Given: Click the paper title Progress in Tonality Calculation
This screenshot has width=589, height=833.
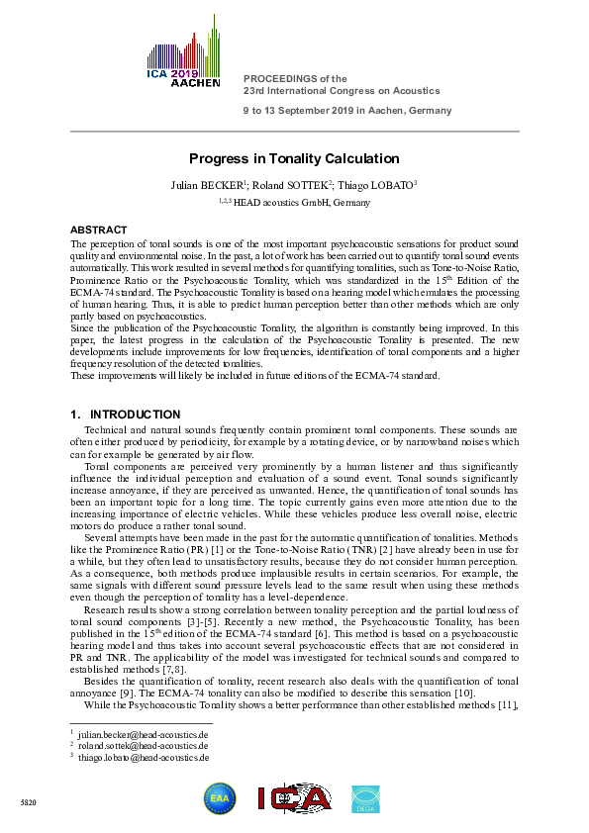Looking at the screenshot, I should pos(294,158).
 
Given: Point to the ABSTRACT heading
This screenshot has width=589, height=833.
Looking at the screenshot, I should pos(99,229).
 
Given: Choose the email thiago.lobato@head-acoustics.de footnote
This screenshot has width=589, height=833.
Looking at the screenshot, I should pos(144,757).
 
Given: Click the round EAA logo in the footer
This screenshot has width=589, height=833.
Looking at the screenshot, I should pos(220,798).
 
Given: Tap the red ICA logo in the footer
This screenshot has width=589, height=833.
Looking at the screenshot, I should pos(295,798).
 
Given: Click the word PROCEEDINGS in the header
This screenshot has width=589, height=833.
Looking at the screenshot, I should pos(279,78).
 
